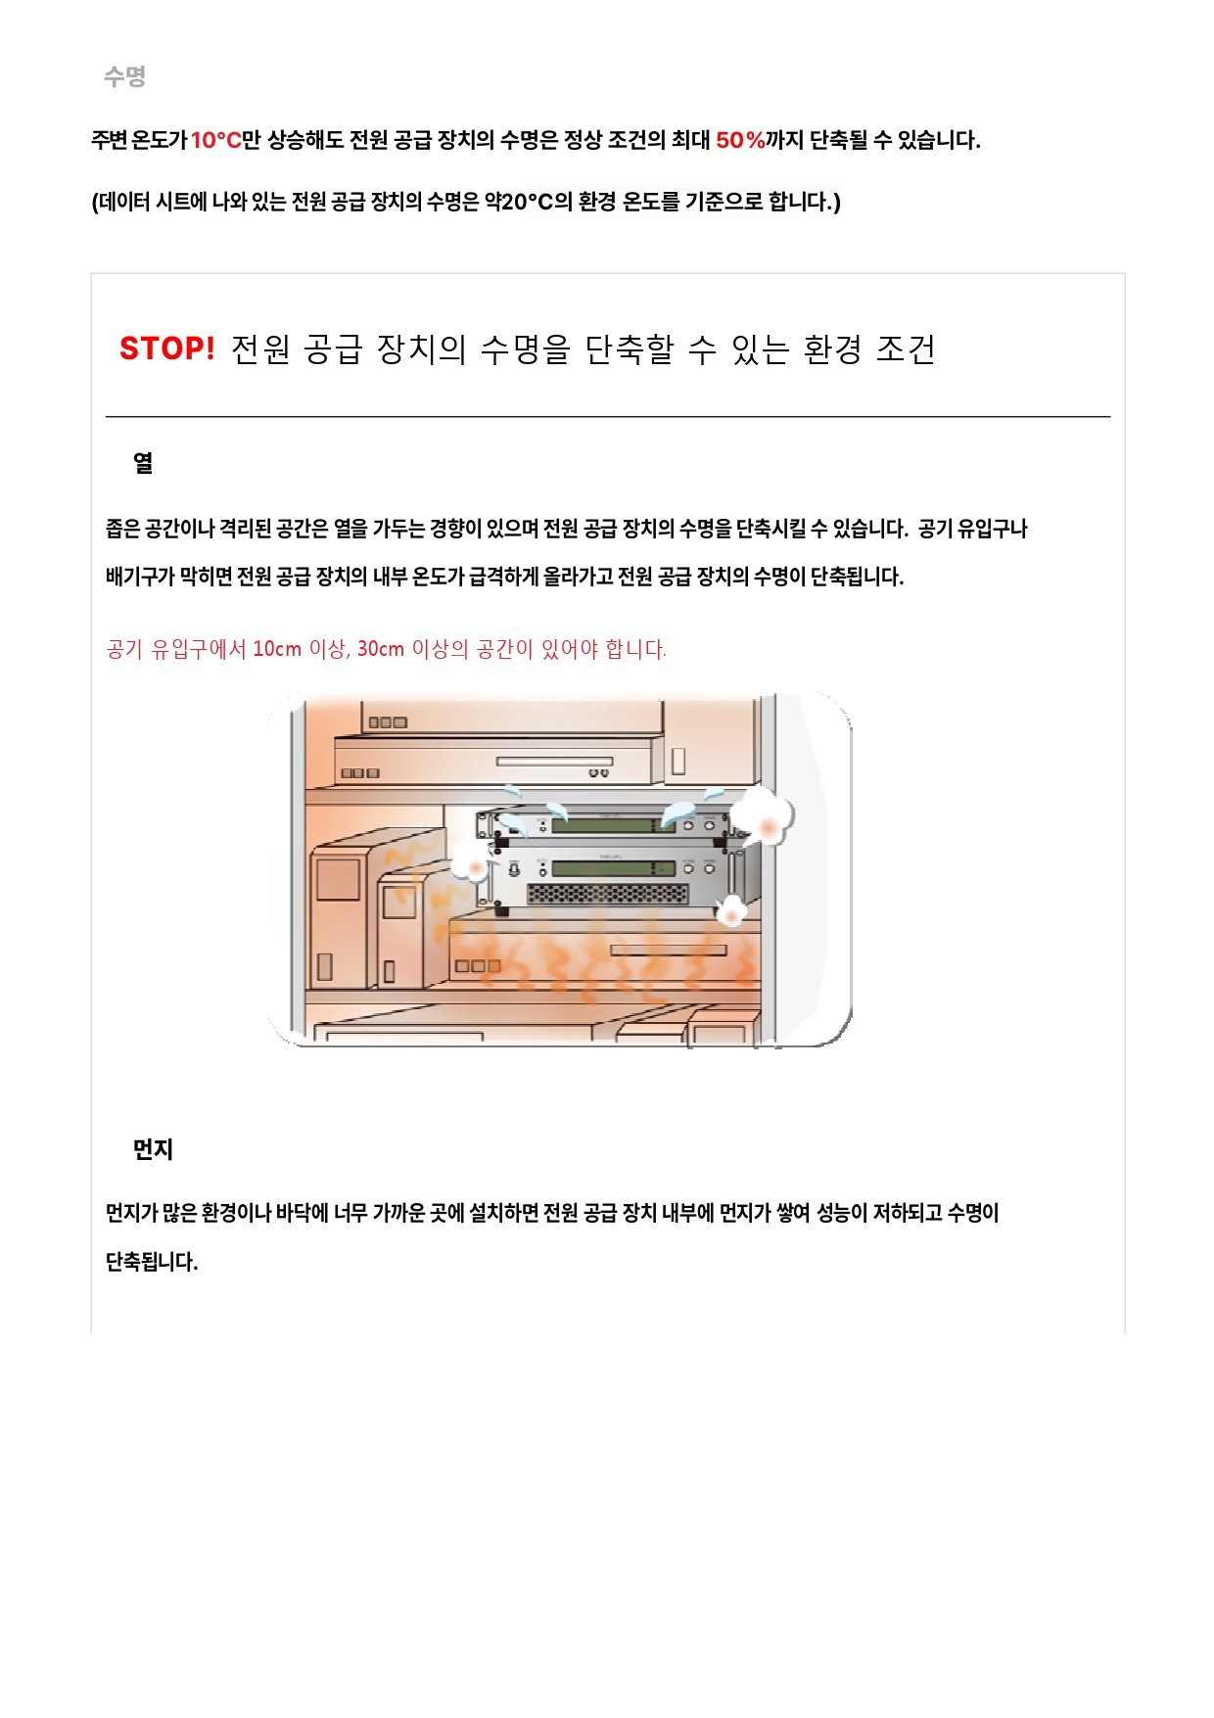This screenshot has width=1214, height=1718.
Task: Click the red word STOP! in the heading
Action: pos(166,348)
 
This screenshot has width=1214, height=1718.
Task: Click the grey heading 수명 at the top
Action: pos(125,76)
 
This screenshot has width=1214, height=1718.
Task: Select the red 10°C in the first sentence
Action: pos(215,140)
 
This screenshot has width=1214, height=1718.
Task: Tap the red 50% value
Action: pos(740,140)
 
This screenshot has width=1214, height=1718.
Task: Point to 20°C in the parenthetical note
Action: pos(528,202)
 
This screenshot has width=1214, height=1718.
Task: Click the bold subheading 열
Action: pos(143,463)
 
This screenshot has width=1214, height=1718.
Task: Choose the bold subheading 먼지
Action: pos(153,1149)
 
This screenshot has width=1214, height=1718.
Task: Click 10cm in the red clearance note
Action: pos(277,649)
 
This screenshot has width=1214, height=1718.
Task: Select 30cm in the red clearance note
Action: pos(381,649)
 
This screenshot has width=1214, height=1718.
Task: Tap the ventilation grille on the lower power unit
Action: pos(607,894)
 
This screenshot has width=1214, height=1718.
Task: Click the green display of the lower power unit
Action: pos(614,868)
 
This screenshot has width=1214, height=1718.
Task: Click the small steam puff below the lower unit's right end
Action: pos(731,911)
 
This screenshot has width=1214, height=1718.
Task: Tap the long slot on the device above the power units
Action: pos(554,762)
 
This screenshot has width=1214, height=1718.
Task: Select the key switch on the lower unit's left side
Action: pos(514,867)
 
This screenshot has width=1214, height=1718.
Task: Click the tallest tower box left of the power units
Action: pos(338,915)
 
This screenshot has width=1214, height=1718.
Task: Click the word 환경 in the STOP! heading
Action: pos(832,348)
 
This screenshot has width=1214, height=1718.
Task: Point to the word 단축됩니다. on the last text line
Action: pos(152,1261)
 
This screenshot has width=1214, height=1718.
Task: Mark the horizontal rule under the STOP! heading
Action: pos(608,417)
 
